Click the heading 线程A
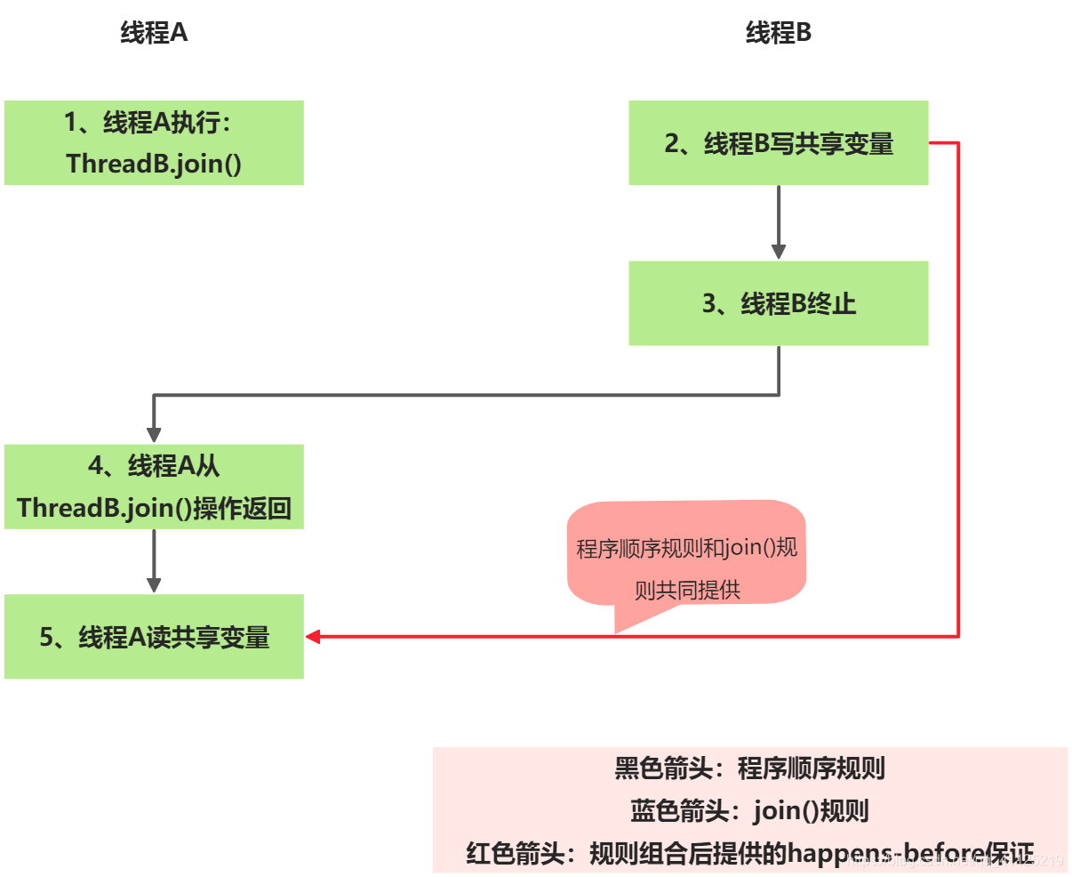[154, 33]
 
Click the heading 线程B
[778, 33]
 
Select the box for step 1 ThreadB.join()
[154, 142]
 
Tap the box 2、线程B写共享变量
[778, 142]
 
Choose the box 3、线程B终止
[778, 303]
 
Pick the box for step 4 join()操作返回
[154, 487]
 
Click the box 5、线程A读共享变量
[154, 637]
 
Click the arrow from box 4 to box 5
[154, 559]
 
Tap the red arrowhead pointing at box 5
[313, 637]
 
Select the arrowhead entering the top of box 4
[154, 434]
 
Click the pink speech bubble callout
[686, 556]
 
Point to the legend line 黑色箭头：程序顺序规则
[749, 768]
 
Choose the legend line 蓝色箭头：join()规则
[749, 810]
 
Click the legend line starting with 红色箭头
[749, 853]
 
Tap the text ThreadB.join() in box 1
[154, 164]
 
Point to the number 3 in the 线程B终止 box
[709, 303]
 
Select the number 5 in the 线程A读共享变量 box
[47, 637]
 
